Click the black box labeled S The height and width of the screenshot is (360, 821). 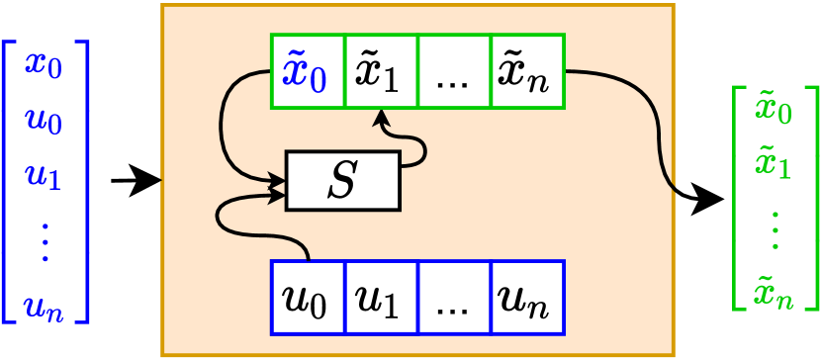342,181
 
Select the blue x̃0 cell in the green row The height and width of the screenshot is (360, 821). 308,72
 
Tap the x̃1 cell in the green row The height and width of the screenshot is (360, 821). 381,72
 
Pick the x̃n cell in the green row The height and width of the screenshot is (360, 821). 527,72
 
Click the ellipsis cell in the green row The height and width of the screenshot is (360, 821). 454,72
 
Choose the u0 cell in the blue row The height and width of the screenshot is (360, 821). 308,297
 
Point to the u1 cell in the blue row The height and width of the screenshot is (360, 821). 381,297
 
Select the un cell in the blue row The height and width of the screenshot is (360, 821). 527,297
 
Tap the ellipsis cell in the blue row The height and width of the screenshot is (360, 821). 454,297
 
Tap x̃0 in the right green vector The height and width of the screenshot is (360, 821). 775,109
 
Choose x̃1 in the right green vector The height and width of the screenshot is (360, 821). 775,163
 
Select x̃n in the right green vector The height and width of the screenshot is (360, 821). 775,291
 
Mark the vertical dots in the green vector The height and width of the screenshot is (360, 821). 775,228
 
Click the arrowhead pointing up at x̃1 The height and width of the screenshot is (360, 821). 381,118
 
